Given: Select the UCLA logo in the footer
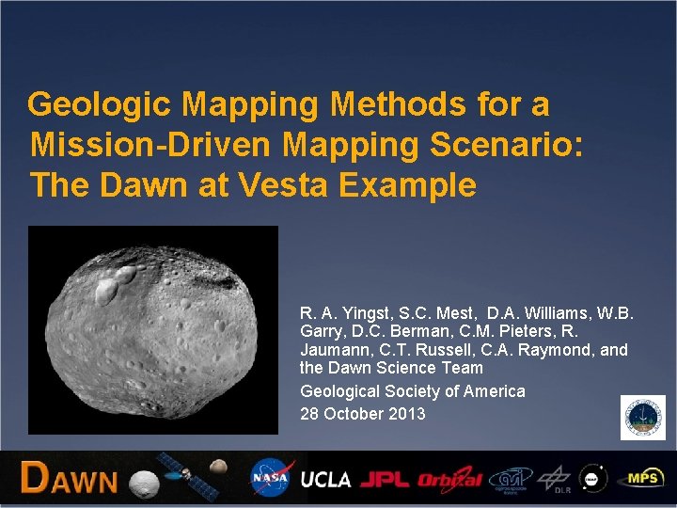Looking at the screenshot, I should (325, 479).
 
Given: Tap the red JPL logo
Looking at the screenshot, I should (384, 479).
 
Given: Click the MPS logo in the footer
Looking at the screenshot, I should (644, 478).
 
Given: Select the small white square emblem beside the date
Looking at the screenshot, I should (642, 418).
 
